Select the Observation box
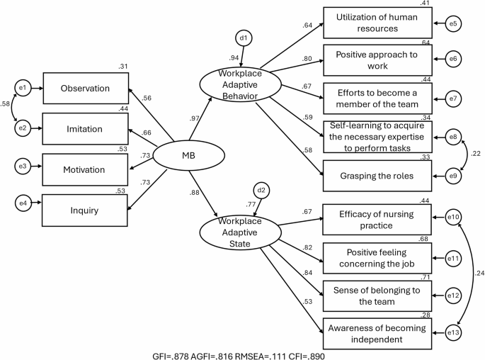coord(85,89)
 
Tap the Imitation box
coord(85,129)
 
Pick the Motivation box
coord(85,170)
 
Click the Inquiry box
coord(85,210)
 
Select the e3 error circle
coord(22,170)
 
